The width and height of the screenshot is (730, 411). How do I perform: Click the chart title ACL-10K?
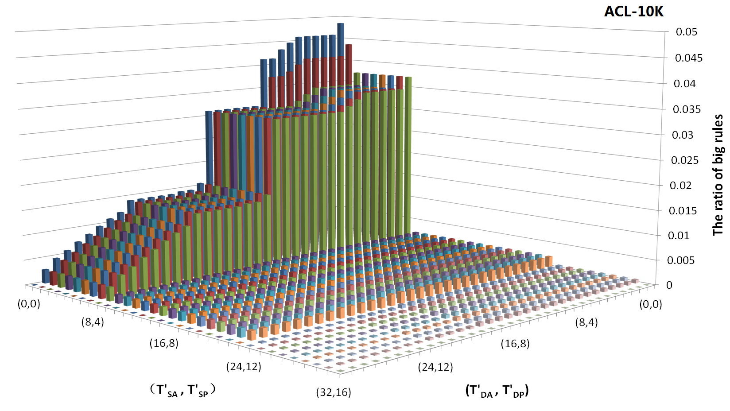tap(634, 11)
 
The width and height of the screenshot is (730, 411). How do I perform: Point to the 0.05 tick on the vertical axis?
tap(687, 32)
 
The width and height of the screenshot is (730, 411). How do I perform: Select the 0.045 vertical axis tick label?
tap(688, 58)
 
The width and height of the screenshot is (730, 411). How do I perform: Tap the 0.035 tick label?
tap(687, 109)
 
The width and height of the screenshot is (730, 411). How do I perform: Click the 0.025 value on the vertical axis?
tap(685, 160)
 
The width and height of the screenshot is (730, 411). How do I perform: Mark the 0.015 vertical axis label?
tap(683, 211)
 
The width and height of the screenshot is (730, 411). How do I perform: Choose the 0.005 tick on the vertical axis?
tap(681, 260)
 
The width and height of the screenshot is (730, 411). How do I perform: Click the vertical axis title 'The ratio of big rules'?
tap(718, 175)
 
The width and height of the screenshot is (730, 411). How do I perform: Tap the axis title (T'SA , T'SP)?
tap(182, 391)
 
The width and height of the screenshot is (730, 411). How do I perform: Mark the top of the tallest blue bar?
tap(340, 24)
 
